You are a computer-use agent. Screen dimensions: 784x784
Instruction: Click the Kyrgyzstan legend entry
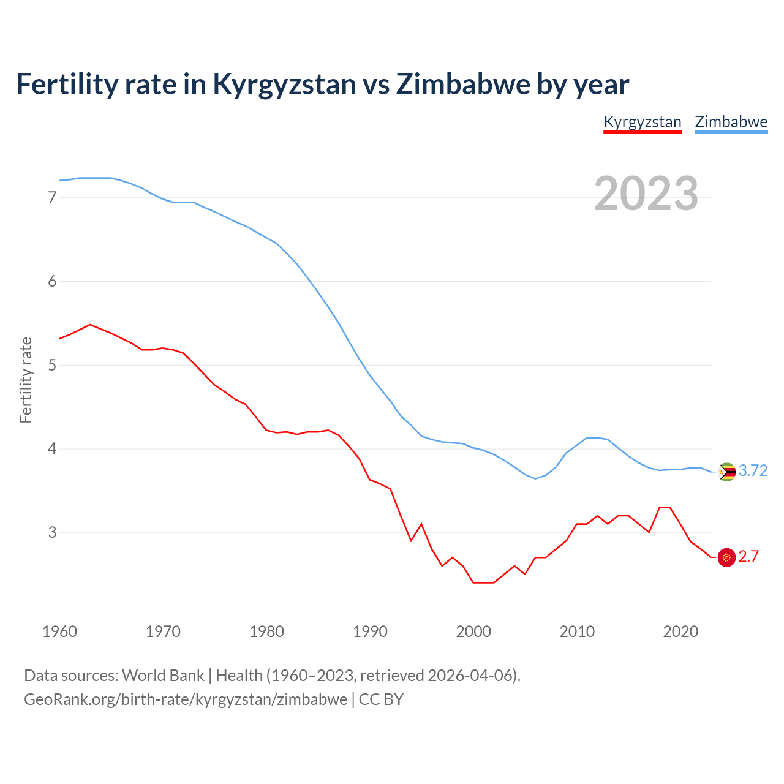coord(643,122)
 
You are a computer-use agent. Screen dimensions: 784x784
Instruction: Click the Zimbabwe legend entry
coord(731,122)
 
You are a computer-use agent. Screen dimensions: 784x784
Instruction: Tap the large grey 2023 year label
coord(646,194)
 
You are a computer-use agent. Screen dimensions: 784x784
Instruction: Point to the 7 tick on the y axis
coord(52,197)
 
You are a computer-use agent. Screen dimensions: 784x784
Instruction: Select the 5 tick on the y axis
coord(52,365)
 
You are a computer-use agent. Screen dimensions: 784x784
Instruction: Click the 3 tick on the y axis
coord(52,532)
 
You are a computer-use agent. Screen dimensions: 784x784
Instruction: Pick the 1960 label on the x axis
coord(59,631)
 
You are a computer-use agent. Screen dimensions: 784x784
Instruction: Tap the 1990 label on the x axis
coord(370,631)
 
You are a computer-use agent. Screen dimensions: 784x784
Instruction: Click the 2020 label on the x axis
coord(680,631)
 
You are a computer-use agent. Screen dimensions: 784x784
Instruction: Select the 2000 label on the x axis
coord(473,631)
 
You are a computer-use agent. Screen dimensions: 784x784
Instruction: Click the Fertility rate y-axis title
coord(26,380)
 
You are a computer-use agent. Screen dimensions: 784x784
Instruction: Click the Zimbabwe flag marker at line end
coord(726,472)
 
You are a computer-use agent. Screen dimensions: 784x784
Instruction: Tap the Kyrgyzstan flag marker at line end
coord(726,557)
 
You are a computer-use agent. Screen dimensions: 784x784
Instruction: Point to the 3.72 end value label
coord(753,470)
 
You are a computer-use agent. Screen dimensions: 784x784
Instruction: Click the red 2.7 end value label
coord(748,556)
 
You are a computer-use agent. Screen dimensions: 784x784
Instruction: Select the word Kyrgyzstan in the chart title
coord(284,84)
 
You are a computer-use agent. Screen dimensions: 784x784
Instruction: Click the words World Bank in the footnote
coord(163,676)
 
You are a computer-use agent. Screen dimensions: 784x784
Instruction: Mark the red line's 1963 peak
coord(90,325)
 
